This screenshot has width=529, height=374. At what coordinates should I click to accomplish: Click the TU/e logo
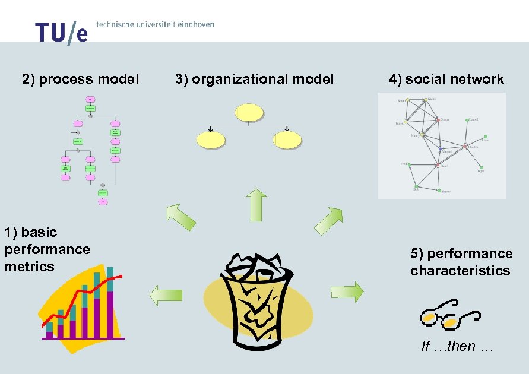61,33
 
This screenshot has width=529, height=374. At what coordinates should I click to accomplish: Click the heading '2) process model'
81,79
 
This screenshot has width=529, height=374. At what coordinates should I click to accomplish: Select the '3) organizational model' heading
255,79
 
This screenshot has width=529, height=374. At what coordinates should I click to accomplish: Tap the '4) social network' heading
446,79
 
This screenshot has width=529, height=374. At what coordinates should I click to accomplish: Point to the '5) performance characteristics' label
461,262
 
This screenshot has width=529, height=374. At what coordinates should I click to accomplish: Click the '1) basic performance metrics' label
47,249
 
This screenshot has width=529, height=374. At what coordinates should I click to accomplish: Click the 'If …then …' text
457,346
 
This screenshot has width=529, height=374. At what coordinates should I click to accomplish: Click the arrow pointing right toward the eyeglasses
347,292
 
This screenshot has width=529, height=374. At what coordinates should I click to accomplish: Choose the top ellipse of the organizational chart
249,112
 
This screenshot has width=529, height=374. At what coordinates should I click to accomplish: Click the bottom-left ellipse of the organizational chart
211,140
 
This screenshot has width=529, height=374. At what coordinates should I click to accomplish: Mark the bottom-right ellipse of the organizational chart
287,140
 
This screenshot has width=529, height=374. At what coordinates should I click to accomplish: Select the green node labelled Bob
416,186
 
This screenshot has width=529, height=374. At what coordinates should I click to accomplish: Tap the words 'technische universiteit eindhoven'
155,25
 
